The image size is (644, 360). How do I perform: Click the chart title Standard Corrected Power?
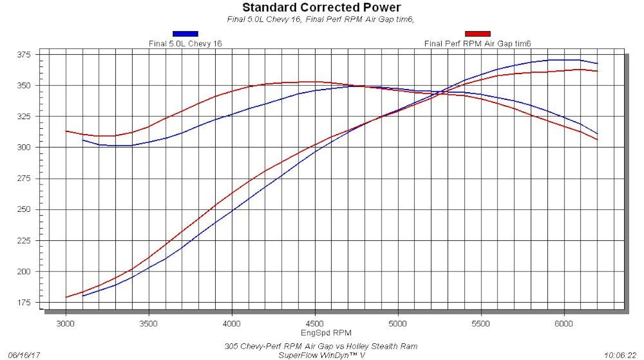[x=321, y=8]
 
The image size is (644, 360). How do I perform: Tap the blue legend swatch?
[x=185, y=34]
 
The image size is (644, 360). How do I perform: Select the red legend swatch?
[x=478, y=34]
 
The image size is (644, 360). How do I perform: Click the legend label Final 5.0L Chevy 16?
[x=185, y=43]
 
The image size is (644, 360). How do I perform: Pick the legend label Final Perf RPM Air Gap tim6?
[x=478, y=43]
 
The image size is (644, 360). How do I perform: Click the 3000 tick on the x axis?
[x=65, y=324]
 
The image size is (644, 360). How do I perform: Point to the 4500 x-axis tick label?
[x=315, y=324]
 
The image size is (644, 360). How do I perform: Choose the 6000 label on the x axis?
[x=564, y=324]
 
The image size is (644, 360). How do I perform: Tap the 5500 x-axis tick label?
[x=481, y=324]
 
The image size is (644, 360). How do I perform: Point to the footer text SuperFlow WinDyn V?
[x=321, y=355]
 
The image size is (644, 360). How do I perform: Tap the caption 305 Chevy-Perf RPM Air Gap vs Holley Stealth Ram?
[x=321, y=346]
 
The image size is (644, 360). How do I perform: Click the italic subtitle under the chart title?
[x=321, y=19]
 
